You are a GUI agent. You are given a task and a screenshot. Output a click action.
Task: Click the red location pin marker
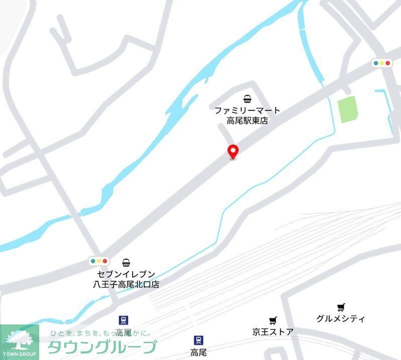point(233,151)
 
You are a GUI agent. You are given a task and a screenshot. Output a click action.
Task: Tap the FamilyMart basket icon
point(247,98)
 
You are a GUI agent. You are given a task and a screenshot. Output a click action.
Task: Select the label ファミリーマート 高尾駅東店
point(247,115)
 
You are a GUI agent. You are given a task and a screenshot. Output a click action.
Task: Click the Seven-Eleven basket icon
point(127,262)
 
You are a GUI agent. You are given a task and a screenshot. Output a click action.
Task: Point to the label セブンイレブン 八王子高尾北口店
point(126,279)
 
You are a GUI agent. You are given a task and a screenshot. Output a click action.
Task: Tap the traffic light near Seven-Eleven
point(99,261)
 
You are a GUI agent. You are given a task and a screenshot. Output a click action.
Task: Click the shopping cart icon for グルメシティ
point(341,307)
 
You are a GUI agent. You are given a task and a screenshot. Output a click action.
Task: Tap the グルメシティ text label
point(341,318)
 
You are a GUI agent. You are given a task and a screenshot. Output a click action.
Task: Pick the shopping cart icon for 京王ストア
point(273,320)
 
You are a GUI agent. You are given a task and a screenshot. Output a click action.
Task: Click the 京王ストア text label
point(273,331)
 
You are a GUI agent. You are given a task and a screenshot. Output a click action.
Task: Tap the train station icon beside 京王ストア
point(199,340)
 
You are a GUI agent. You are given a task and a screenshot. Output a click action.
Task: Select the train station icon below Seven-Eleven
point(123,320)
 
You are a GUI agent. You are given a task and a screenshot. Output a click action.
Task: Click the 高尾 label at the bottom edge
point(198,352)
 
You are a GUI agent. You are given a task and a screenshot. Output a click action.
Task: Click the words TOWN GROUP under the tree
point(20,354)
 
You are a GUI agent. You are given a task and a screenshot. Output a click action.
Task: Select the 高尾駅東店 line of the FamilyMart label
point(247,121)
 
